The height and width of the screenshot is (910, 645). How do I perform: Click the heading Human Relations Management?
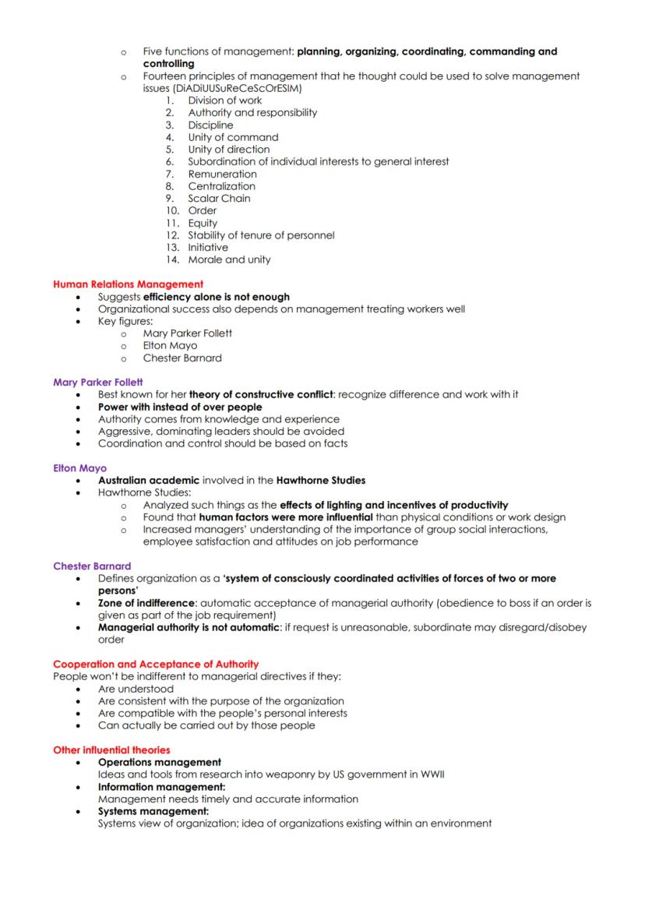tap(128, 284)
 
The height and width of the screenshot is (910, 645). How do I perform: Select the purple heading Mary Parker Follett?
tap(98, 382)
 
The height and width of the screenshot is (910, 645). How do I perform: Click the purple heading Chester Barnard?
tap(92, 566)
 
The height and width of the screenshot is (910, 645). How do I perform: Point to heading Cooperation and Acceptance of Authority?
tap(156, 664)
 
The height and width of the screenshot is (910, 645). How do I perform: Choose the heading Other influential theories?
tap(111, 750)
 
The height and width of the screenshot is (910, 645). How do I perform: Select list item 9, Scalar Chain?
tap(219, 198)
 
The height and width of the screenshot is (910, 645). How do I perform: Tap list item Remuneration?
tap(222, 174)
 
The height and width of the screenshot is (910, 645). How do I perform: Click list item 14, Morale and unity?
tap(229, 259)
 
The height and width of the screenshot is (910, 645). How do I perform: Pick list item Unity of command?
tap(233, 137)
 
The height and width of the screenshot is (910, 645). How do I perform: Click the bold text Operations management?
tap(159, 762)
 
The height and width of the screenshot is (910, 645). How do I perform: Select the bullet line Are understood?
tap(136, 689)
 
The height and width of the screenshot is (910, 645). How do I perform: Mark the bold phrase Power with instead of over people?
tap(180, 407)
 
